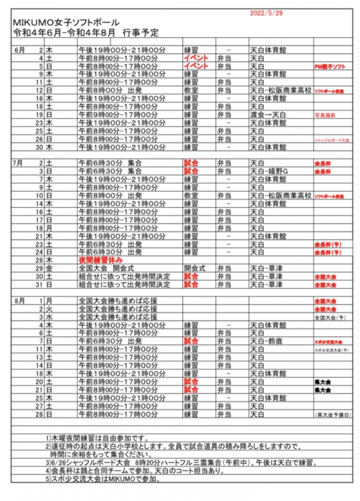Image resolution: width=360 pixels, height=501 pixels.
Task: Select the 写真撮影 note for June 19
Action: coord(325,115)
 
